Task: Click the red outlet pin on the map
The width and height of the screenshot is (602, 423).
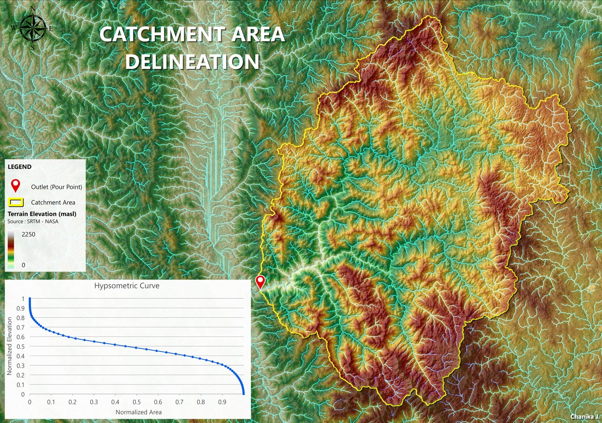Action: (260, 281)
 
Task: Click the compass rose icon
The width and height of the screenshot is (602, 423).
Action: (32, 28)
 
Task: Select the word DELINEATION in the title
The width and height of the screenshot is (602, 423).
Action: (192, 62)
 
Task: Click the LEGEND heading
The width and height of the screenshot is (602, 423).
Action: (20, 166)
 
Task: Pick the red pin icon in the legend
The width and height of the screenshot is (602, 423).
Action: (16, 186)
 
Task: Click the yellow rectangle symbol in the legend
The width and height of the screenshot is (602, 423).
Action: (16, 203)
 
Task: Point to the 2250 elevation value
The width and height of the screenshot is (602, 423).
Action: (29, 234)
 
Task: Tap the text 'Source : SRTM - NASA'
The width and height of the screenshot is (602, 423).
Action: (33, 221)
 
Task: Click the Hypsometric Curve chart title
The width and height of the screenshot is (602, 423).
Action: (127, 285)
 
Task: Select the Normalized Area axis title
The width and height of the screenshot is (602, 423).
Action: (139, 412)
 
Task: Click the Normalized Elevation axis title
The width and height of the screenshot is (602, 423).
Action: (9, 346)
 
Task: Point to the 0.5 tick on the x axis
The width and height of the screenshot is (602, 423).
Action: (136, 402)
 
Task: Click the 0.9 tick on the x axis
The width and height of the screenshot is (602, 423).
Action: (222, 402)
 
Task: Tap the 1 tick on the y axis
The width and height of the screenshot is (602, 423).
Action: (22, 298)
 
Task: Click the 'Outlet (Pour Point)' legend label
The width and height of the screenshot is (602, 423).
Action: (57, 187)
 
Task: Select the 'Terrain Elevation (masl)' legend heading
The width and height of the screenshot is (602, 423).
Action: (42, 214)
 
